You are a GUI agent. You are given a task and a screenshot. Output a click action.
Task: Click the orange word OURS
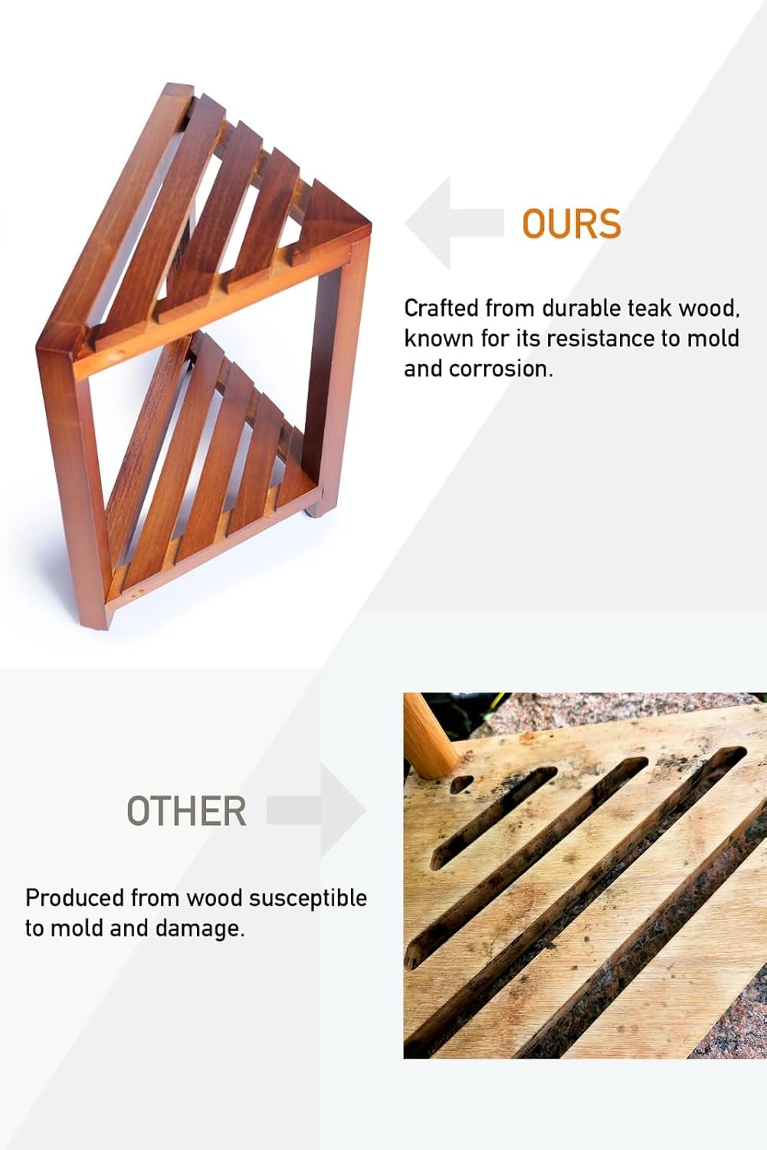571,224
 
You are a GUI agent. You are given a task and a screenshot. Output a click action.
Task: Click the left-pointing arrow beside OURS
454,223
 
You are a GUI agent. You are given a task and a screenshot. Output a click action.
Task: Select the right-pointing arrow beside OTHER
316,810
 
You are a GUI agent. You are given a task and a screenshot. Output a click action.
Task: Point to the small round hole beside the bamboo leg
461,784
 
